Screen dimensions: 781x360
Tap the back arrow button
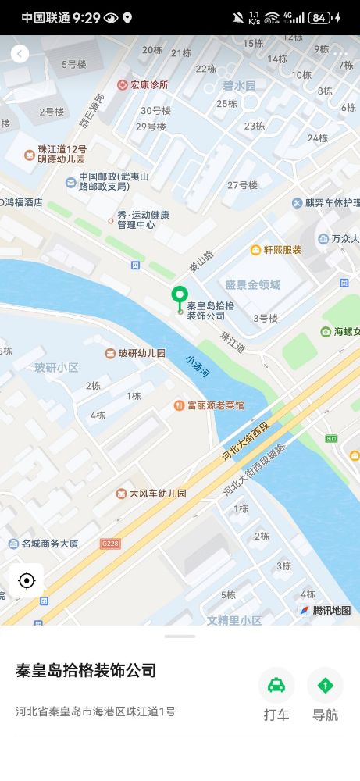pyautogui.click(x=20, y=53)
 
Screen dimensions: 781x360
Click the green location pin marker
pyautogui.click(x=180, y=297)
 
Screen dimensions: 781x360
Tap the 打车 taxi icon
pyautogui.click(x=276, y=686)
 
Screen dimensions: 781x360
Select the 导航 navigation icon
pyautogui.click(x=325, y=686)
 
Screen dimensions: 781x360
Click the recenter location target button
pyautogui.click(x=27, y=580)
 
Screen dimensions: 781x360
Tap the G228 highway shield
pyautogui.click(x=109, y=542)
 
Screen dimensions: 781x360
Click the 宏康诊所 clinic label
pyautogui.click(x=143, y=84)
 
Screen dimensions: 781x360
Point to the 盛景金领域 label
pyautogui.click(x=251, y=285)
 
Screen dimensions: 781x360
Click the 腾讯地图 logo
pyautogui.click(x=326, y=610)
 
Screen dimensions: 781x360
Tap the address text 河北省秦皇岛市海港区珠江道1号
pyautogui.click(x=95, y=711)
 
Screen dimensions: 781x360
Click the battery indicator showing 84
pyautogui.click(x=319, y=17)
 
